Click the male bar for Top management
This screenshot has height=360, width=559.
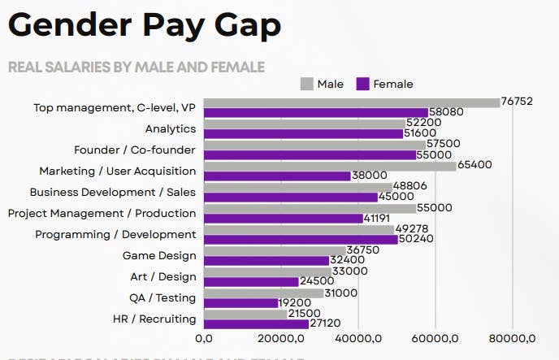point(351,102)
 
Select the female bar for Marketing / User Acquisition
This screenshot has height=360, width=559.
point(277,176)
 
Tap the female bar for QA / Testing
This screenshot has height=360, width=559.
point(241,303)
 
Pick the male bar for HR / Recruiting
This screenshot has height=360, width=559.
point(245,314)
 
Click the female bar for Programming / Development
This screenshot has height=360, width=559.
point(301,240)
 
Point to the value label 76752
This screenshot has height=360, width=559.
point(517,102)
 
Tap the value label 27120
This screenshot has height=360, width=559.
point(325,323)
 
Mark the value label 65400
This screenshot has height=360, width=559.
point(475,165)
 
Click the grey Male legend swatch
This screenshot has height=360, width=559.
point(307,84)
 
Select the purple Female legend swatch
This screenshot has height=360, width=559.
point(363,84)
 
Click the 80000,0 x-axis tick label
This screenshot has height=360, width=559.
point(512,339)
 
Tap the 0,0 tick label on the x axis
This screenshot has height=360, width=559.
point(204,339)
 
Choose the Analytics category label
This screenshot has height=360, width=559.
point(171,128)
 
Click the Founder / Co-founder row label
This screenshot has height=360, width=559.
point(135,150)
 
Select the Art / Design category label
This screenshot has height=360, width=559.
point(163,276)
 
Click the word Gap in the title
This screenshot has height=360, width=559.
point(240,26)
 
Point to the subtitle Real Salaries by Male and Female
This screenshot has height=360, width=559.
point(136,66)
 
